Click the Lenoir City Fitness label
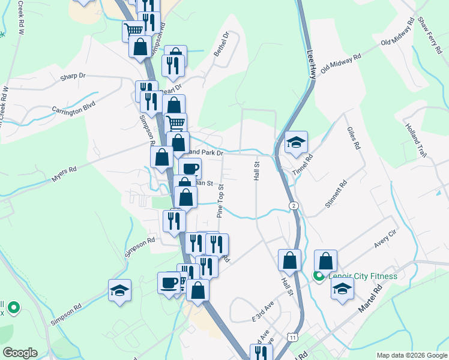pyautogui.click(x=362, y=277)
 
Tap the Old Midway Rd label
pyautogui.click(x=341, y=62)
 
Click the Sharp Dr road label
pyautogui.click(x=73, y=77)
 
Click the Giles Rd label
pyautogui.click(x=352, y=139)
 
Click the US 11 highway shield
pyautogui.click(x=291, y=337)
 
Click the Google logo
pyautogui.click(x=20, y=353)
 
